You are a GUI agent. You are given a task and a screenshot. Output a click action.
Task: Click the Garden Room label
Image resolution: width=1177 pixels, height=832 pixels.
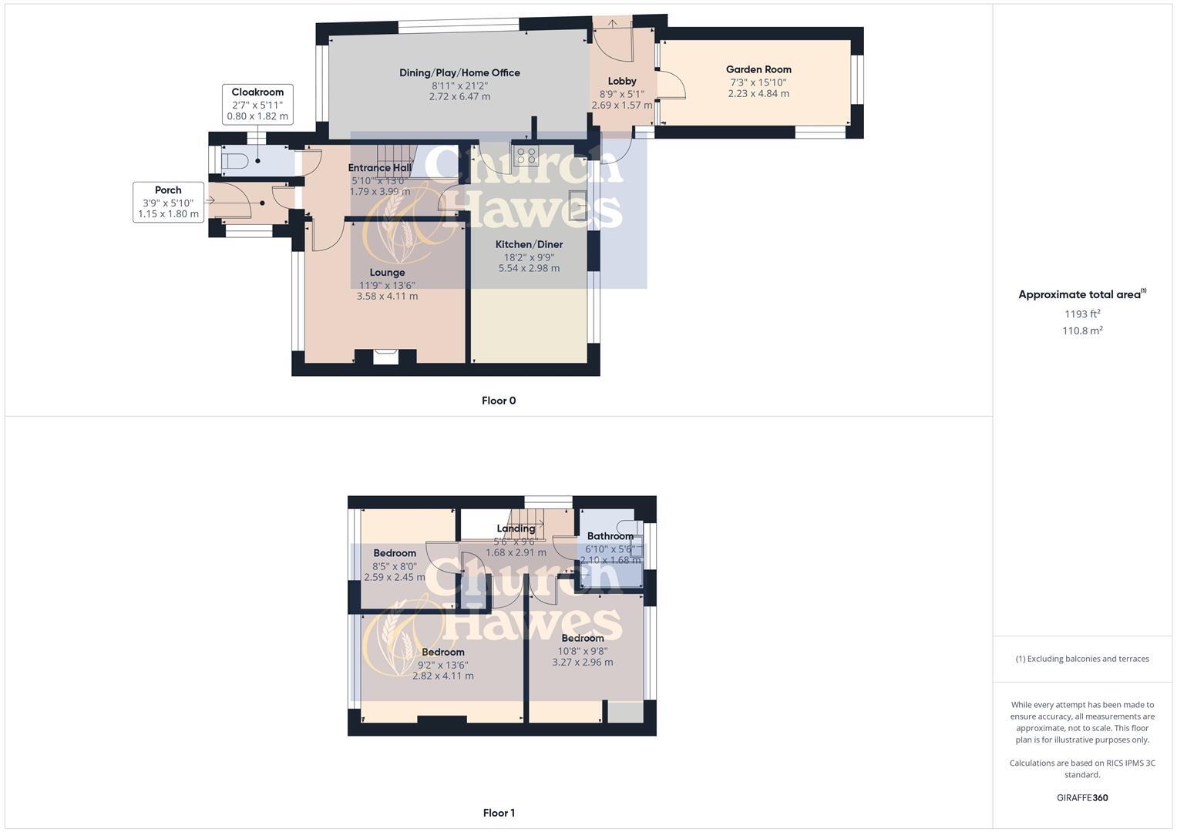tap(758, 69)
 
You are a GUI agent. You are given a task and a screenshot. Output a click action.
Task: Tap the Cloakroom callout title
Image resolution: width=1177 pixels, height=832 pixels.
tap(257, 92)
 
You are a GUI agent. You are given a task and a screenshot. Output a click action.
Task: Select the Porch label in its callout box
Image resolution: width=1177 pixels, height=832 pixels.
tap(168, 190)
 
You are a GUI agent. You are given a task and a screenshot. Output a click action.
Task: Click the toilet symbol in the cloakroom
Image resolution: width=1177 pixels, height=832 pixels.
tap(234, 161)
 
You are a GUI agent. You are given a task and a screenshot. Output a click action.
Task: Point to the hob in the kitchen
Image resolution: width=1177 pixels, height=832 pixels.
tap(526, 156)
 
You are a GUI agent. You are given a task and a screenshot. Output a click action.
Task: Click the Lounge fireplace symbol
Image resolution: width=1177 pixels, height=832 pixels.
tap(385, 356)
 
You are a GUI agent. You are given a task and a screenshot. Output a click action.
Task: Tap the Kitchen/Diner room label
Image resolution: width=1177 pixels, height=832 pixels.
tap(529, 244)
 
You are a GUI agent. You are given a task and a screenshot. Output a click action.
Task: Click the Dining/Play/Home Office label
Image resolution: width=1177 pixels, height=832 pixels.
tap(459, 73)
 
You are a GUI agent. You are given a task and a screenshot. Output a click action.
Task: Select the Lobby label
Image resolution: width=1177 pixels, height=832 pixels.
tap(622, 81)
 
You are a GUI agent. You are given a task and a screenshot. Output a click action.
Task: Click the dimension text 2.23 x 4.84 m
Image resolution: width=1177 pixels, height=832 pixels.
tap(758, 94)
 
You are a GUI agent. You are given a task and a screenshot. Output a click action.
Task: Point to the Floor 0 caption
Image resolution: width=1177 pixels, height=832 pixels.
tap(499, 401)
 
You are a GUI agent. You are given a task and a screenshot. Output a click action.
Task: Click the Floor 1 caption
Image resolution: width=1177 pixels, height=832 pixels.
tap(499, 813)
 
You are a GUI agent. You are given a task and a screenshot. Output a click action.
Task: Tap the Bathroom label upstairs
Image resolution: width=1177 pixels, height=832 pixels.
tap(610, 536)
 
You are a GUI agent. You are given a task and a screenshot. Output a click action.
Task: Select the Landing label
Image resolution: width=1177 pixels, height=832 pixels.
tap(516, 528)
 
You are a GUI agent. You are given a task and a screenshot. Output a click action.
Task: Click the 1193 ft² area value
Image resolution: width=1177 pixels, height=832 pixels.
tap(1082, 314)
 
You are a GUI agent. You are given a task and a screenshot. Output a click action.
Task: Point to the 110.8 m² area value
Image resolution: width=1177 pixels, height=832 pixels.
tap(1082, 330)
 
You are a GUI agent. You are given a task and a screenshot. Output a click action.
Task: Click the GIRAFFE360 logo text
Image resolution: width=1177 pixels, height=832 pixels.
tap(1082, 798)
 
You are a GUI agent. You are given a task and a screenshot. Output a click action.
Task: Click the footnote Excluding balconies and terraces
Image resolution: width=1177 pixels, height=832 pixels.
tap(1082, 659)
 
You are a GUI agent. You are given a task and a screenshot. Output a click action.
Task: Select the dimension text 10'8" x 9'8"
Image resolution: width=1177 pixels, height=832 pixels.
tap(583, 651)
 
